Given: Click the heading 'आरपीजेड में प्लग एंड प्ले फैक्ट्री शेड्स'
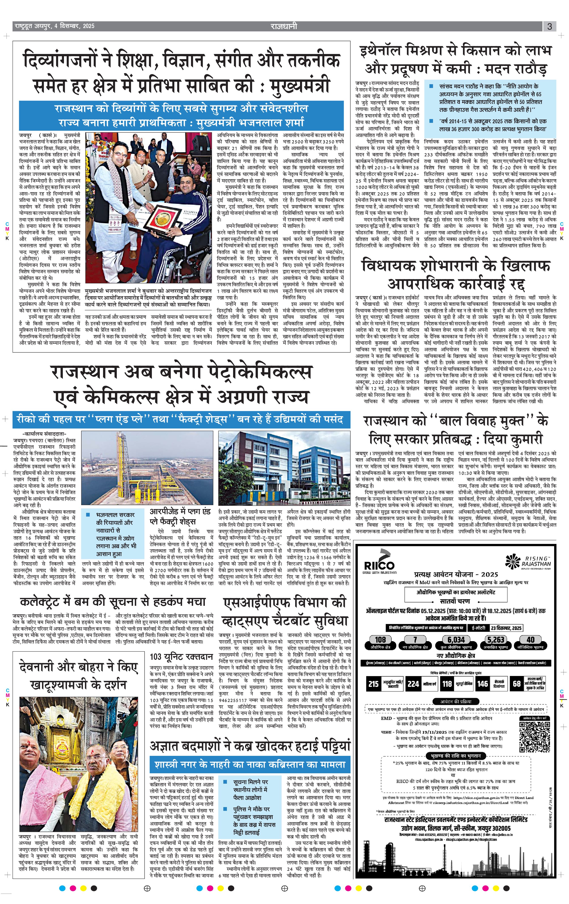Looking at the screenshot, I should pyautogui.click(x=180, y=517).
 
